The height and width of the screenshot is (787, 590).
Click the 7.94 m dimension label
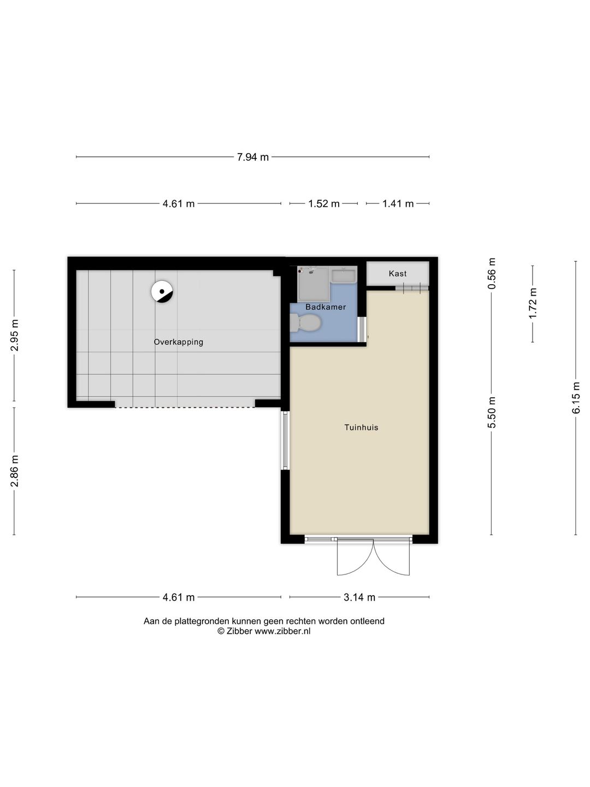[x=252, y=157]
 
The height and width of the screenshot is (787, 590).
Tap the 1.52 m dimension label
[x=323, y=204]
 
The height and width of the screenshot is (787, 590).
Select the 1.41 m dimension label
[x=398, y=204]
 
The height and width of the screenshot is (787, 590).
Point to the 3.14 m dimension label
[x=359, y=597]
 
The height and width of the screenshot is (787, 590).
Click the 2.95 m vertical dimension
[x=15, y=336]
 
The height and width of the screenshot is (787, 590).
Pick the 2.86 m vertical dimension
[x=15, y=471]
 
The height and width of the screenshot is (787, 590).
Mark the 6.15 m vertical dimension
[x=576, y=398]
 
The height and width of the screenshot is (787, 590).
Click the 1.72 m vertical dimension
[x=533, y=303]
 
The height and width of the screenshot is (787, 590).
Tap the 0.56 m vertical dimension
[x=492, y=273]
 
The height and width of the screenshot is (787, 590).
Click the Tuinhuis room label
[x=361, y=427]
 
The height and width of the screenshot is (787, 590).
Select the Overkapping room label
[x=178, y=342]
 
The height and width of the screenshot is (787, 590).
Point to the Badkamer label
[x=326, y=307]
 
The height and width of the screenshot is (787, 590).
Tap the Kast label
[x=397, y=273]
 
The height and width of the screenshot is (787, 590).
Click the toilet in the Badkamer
[x=305, y=323]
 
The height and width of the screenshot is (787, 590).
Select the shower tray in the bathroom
[x=314, y=284]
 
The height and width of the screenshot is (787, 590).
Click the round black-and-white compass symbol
[x=162, y=292]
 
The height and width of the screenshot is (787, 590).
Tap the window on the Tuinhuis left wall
[x=285, y=440]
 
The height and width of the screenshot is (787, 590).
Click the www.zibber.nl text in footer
[x=282, y=631]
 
